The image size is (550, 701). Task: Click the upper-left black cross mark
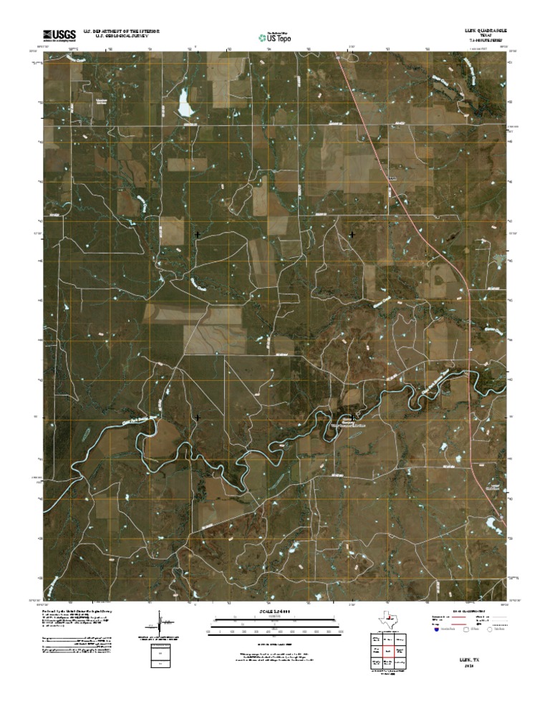pyautogui.click(x=197, y=234)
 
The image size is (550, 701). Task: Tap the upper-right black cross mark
pyautogui.click(x=352, y=234)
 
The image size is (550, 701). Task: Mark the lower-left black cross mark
pyautogui.click(x=197, y=417)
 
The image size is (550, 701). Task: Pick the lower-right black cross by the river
pyautogui.click(x=352, y=416)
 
